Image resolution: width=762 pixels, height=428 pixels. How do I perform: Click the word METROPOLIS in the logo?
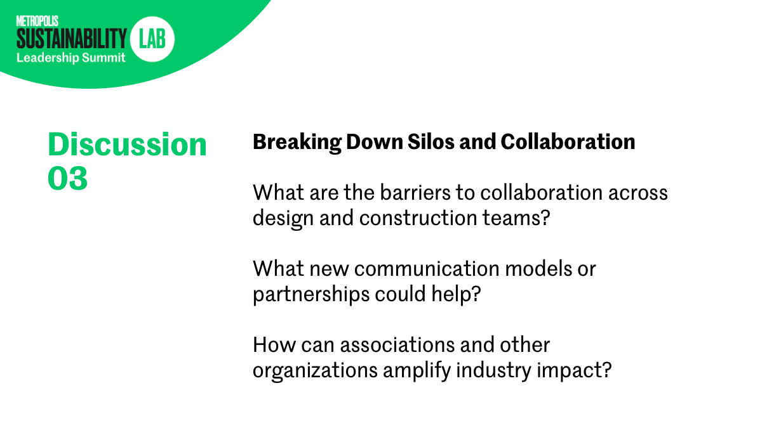point(37,21)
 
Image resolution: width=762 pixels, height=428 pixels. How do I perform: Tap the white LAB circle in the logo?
point(152,39)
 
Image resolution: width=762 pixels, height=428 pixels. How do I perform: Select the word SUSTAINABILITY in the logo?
point(71,39)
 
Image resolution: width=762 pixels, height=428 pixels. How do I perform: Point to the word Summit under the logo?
point(104,58)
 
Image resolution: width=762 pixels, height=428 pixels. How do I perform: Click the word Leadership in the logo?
point(48,58)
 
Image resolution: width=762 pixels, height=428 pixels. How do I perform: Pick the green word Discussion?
point(127,145)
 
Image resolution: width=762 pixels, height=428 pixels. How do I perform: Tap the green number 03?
point(68,178)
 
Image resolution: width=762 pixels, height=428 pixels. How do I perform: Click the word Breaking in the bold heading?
point(297,142)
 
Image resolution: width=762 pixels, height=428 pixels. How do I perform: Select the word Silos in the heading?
point(431,141)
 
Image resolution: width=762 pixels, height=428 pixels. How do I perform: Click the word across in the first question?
point(638,193)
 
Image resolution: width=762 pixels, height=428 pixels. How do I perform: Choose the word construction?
point(418,218)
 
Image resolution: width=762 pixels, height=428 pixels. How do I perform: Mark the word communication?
point(427,269)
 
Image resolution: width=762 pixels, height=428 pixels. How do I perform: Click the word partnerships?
point(311,294)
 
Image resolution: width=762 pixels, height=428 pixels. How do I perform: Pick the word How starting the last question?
point(274,345)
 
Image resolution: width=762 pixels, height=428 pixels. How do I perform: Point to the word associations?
point(398,345)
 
